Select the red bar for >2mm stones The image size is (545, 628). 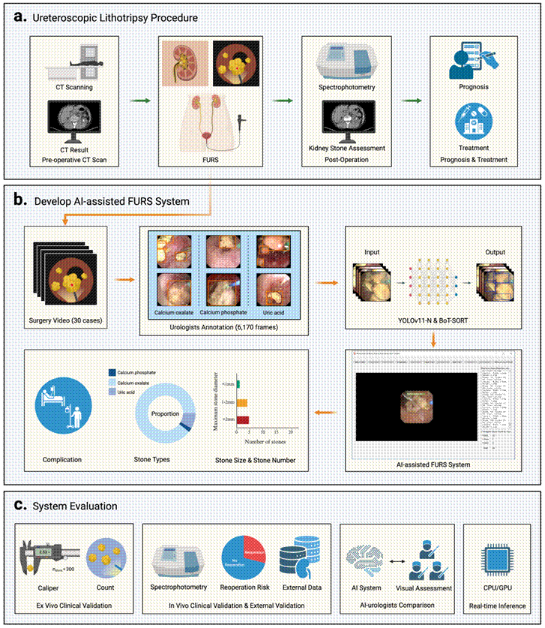(243, 419)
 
